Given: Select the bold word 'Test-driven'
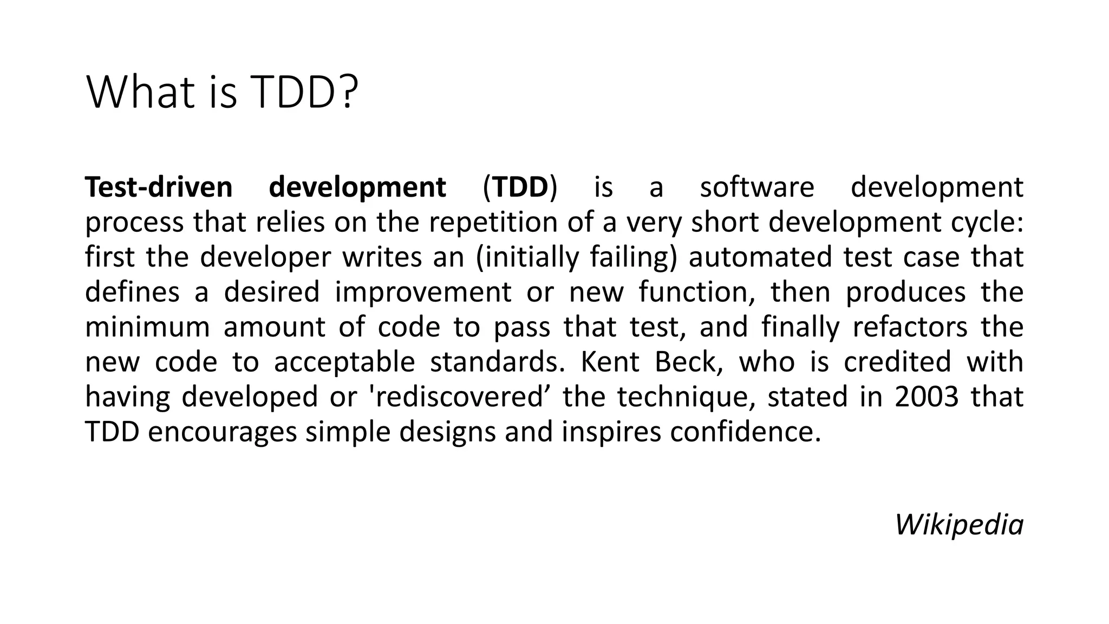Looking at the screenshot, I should (159, 187).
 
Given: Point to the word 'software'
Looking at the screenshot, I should (756, 187).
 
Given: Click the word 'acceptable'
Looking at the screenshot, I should (344, 362).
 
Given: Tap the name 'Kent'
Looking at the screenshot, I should (610, 362).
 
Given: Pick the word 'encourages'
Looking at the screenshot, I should (222, 432).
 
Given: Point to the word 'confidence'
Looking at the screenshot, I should (741, 432).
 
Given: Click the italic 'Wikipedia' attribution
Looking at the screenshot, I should (959, 525).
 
